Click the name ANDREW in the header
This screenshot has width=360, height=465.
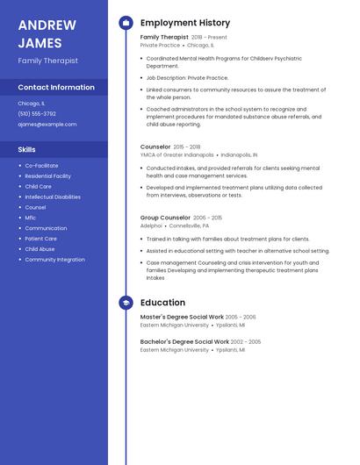coord(47,25)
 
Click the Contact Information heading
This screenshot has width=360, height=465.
coord(56,88)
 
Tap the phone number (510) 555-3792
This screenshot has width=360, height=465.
coord(37,113)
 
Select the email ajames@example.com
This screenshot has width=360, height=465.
coord(47,125)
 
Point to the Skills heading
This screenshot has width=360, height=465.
coord(26,150)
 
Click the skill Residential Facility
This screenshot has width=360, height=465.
coord(48,176)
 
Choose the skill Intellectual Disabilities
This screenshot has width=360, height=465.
coord(53,197)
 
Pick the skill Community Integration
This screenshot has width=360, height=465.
coord(54,260)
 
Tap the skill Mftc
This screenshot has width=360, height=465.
coord(31,218)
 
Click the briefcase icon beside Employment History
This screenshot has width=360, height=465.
coord(126,23)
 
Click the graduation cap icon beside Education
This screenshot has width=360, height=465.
coord(126,303)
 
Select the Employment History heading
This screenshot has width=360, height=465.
coord(185,23)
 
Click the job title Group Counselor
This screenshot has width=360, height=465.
coord(165,218)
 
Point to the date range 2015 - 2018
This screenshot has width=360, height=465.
coord(187,147)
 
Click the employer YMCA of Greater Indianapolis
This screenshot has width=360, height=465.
coord(176,154)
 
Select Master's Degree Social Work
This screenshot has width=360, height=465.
coord(182,317)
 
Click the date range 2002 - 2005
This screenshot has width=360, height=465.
coord(247,341)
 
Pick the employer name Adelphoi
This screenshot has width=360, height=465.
coord(151,225)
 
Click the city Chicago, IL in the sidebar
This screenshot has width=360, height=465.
coord(30,103)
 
